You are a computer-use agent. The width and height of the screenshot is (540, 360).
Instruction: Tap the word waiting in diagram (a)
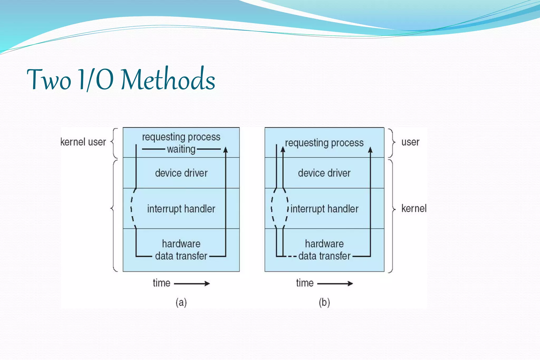[x=181, y=149]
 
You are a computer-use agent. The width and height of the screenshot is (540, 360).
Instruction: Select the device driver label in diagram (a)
[x=181, y=173]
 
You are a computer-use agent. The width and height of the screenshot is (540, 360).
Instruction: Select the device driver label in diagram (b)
[x=324, y=173]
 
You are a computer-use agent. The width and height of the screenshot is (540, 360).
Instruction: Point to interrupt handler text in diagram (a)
[x=181, y=209]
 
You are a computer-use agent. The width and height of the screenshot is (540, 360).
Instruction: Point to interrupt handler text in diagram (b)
[x=324, y=209]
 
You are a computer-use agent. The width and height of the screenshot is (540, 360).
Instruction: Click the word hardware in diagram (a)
[x=181, y=244]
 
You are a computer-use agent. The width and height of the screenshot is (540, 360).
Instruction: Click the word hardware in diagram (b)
[x=324, y=244]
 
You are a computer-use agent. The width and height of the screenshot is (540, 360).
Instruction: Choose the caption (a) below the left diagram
[x=181, y=302]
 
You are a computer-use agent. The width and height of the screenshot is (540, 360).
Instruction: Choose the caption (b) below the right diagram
[x=324, y=302]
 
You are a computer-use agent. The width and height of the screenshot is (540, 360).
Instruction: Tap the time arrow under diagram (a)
[x=192, y=284]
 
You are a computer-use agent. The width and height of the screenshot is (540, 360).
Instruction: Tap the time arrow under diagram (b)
[x=335, y=284]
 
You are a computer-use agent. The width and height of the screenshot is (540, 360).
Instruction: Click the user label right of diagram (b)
[x=410, y=142]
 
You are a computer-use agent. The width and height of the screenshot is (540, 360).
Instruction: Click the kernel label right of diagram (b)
[x=414, y=209]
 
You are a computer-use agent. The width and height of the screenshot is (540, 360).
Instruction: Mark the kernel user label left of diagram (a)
[x=83, y=142]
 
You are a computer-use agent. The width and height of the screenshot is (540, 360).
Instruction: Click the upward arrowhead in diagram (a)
[x=225, y=150]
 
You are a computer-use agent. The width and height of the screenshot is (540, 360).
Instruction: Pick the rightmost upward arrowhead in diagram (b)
[x=370, y=150]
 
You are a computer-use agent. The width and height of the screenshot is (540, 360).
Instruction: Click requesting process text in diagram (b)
[x=324, y=143]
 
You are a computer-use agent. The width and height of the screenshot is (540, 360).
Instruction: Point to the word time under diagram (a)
[x=161, y=283]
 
